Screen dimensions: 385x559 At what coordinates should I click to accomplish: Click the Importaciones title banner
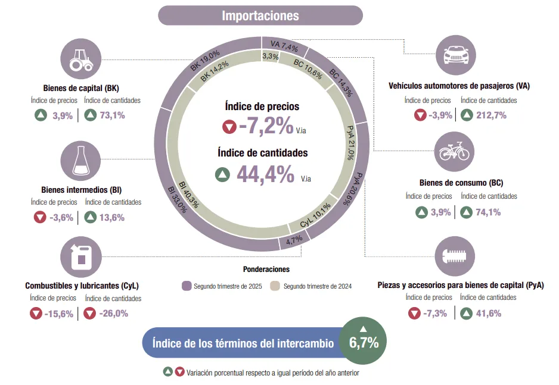click(x=260, y=15)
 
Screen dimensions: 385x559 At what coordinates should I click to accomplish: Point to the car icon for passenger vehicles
click(x=456, y=55)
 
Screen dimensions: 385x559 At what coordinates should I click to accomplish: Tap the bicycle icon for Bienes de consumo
click(x=456, y=152)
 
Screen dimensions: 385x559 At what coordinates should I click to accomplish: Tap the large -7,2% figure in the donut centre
click(x=266, y=126)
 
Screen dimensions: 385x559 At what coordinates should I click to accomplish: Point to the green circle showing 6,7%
click(x=363, y=342)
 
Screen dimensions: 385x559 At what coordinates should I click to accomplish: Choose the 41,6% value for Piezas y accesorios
click(x=488, y=313)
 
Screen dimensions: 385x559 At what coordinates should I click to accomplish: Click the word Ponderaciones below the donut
click(x=266, y=269)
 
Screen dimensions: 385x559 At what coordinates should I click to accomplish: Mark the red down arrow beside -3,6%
click(x=40, y=217)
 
